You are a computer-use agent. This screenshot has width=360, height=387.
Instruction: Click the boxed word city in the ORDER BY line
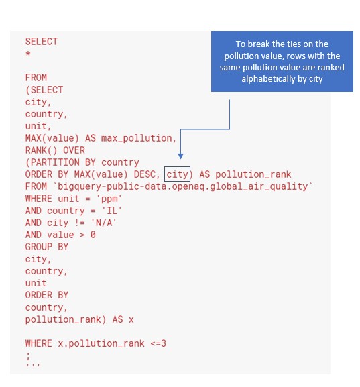click(x=177, y=174)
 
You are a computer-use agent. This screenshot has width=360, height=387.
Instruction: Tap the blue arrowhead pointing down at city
click(x=180, y=156)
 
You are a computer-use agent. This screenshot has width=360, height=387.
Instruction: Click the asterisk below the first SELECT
click(x=28, y=53)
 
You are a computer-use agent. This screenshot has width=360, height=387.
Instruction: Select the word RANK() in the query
click(x=41, y=150)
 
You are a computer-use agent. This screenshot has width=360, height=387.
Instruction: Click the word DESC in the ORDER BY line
click(x=145, y=174)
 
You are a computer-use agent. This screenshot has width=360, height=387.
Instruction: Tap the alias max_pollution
click(x=137, y=138)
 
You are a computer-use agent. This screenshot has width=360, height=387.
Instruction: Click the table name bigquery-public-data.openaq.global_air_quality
click(x=182, y=187)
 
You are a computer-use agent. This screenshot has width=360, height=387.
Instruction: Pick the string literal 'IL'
click(x=112, y=211)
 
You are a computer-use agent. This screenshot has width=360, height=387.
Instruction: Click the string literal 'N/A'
click(x=104, y=223)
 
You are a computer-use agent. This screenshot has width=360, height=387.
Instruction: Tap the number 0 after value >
click(x=93, y=235)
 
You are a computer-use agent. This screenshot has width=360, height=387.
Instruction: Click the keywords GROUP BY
click(x=47, y=247)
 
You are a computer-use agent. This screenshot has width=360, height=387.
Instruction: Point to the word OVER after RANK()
click(x=74, y=150)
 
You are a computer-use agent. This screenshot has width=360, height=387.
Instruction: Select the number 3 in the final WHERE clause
click(x=164, y=343)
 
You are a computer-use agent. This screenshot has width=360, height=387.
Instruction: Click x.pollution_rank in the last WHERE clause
click(x=101, y=344)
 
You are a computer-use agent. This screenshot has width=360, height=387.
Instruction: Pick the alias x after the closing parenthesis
click(x=131, y=320)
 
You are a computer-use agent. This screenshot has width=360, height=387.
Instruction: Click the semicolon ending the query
click(x=28, y=355)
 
